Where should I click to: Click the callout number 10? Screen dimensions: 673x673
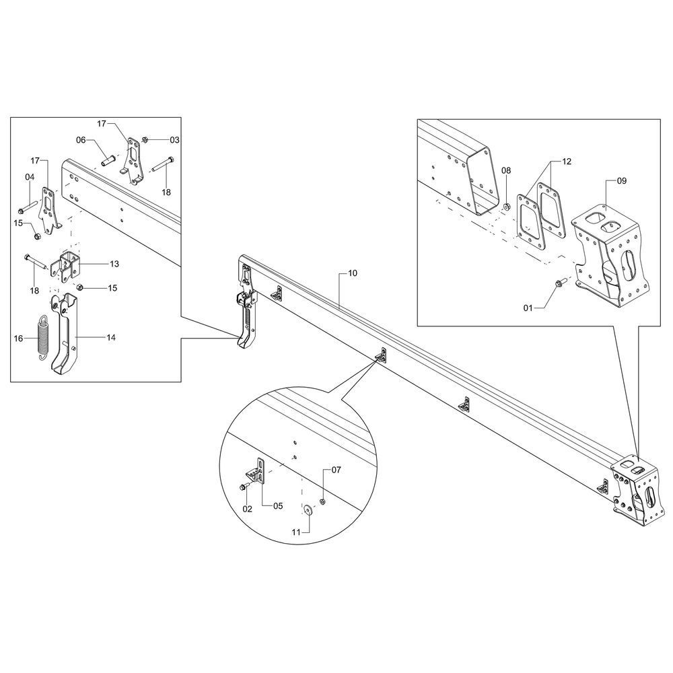click(353, 273)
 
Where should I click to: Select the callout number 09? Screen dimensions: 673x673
click(621, 180)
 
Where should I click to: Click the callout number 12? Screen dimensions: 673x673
click(567, 162)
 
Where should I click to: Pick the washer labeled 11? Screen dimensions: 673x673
click(308, 509)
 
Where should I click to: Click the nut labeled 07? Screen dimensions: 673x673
click(323, 502)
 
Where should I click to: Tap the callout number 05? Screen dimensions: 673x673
click(278, 506)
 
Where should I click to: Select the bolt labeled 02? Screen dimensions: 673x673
click(244, 487)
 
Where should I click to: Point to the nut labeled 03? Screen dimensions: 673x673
click(145, 139)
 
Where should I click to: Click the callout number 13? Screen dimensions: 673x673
click(114, 264)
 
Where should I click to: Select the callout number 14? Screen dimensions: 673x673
click(111, 337)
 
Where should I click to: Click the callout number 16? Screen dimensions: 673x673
click(18, 339)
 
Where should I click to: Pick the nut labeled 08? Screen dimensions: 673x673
click(506, 207)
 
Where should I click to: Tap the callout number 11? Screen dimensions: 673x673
click(296, 532)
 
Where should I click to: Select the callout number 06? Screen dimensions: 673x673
click(81, 140)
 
